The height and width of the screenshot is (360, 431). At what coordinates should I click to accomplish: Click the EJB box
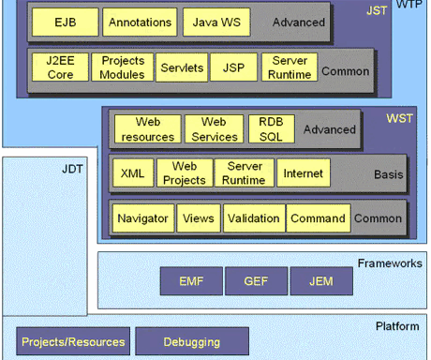click(64, 21)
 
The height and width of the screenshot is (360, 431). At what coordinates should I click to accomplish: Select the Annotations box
click(139, 21)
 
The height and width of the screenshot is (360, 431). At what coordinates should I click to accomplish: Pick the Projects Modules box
click(123, 68)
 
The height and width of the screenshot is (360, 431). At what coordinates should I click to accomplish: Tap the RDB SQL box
click(272, 128)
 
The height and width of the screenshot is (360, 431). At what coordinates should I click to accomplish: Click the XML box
click(132, 173)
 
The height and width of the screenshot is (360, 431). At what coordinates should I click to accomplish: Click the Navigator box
click(142, 218)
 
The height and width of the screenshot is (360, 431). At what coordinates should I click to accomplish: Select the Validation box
click(253, 218)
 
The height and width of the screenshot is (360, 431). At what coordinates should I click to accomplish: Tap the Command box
click(318, 218)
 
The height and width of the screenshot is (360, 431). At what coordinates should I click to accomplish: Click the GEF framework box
click(256, 279)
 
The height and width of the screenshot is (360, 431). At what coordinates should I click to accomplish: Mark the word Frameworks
click(389, 263)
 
